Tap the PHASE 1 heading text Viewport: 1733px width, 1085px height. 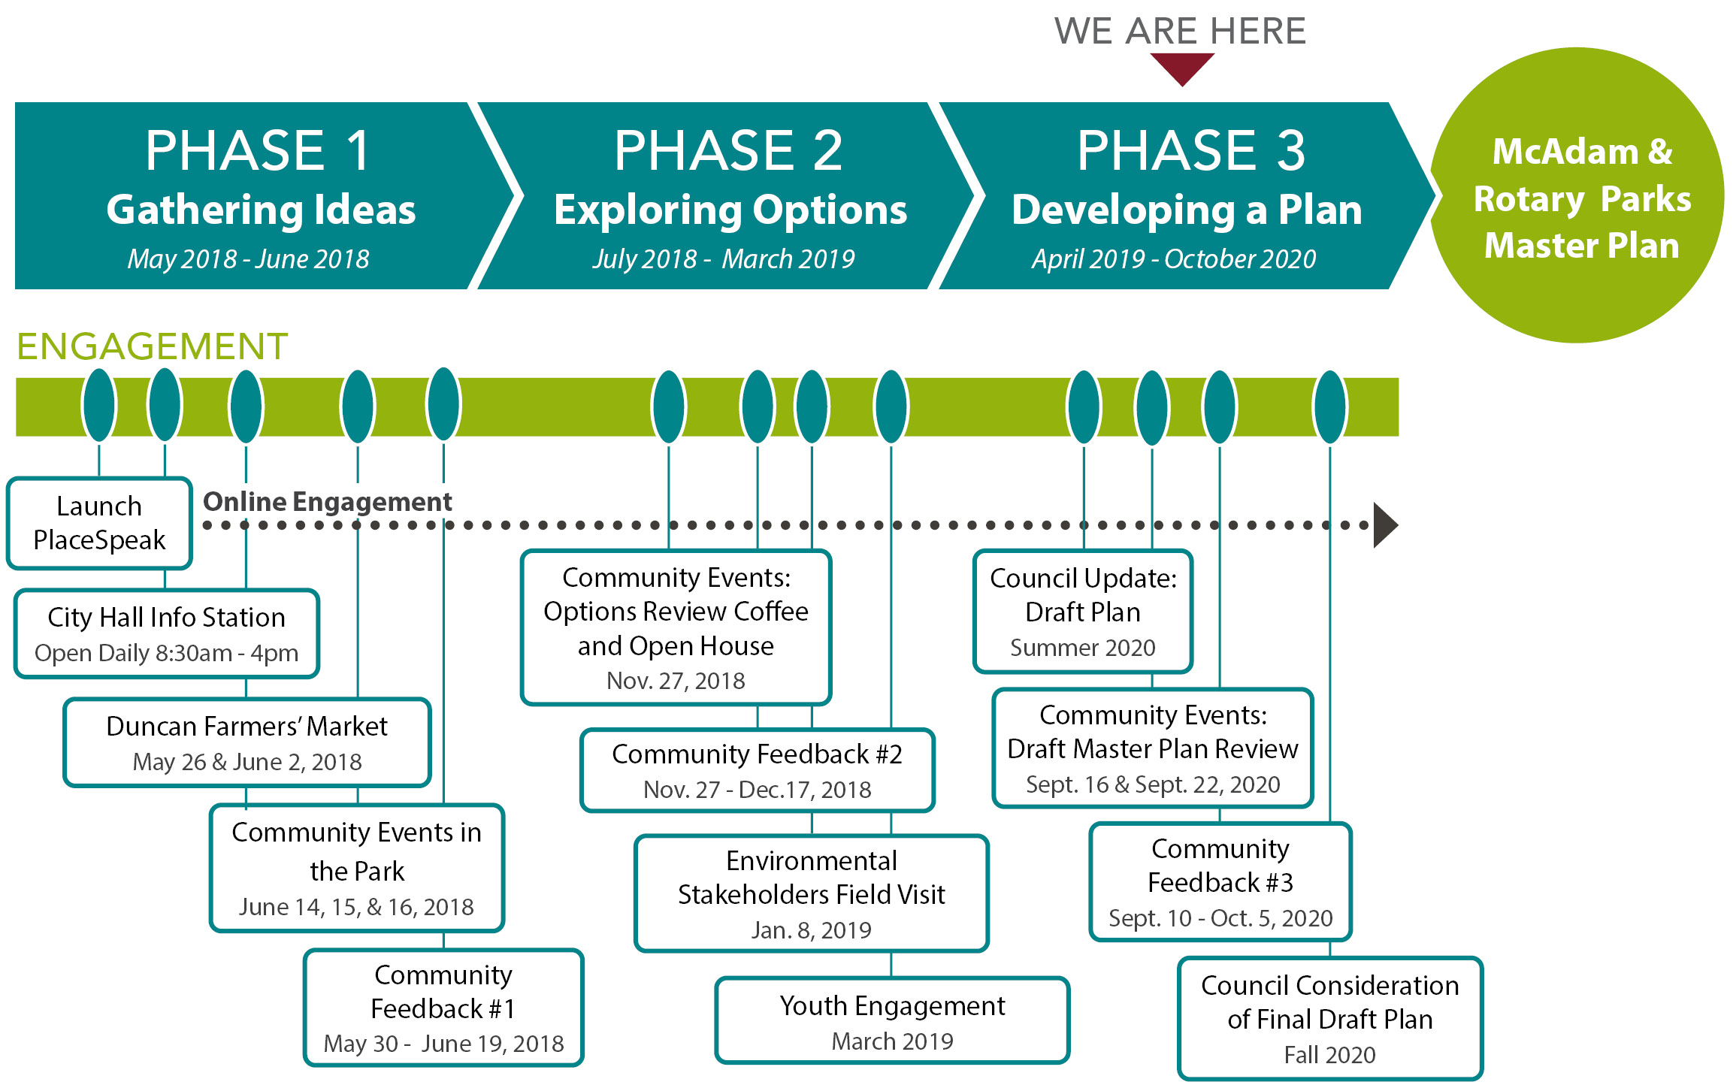(258, 150)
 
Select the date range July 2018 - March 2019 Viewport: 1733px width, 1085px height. (723, 259)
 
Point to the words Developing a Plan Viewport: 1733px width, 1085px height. (1187, 210)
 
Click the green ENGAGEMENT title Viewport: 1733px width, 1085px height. (152, 347)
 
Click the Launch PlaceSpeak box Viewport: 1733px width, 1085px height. (99, 523)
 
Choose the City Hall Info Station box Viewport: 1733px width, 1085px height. (166, 633)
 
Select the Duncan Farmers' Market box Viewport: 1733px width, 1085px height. (246, 742)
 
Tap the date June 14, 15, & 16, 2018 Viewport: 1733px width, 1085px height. (356, 907)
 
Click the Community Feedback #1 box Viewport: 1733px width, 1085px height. (443, 1007)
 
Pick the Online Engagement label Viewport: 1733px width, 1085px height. (328, 501)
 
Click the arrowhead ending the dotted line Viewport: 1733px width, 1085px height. (1384, 525)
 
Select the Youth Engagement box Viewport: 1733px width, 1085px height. (892, 1020)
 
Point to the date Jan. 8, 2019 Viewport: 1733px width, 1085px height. (811, 930)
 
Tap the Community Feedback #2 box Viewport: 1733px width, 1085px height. (757, 770)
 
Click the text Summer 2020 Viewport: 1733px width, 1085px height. (1082, 648)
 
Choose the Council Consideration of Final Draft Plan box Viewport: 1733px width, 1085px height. (1329, 1018)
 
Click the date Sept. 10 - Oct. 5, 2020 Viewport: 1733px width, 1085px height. (1220, 918)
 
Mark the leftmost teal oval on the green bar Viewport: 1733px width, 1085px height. (99, 405)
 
